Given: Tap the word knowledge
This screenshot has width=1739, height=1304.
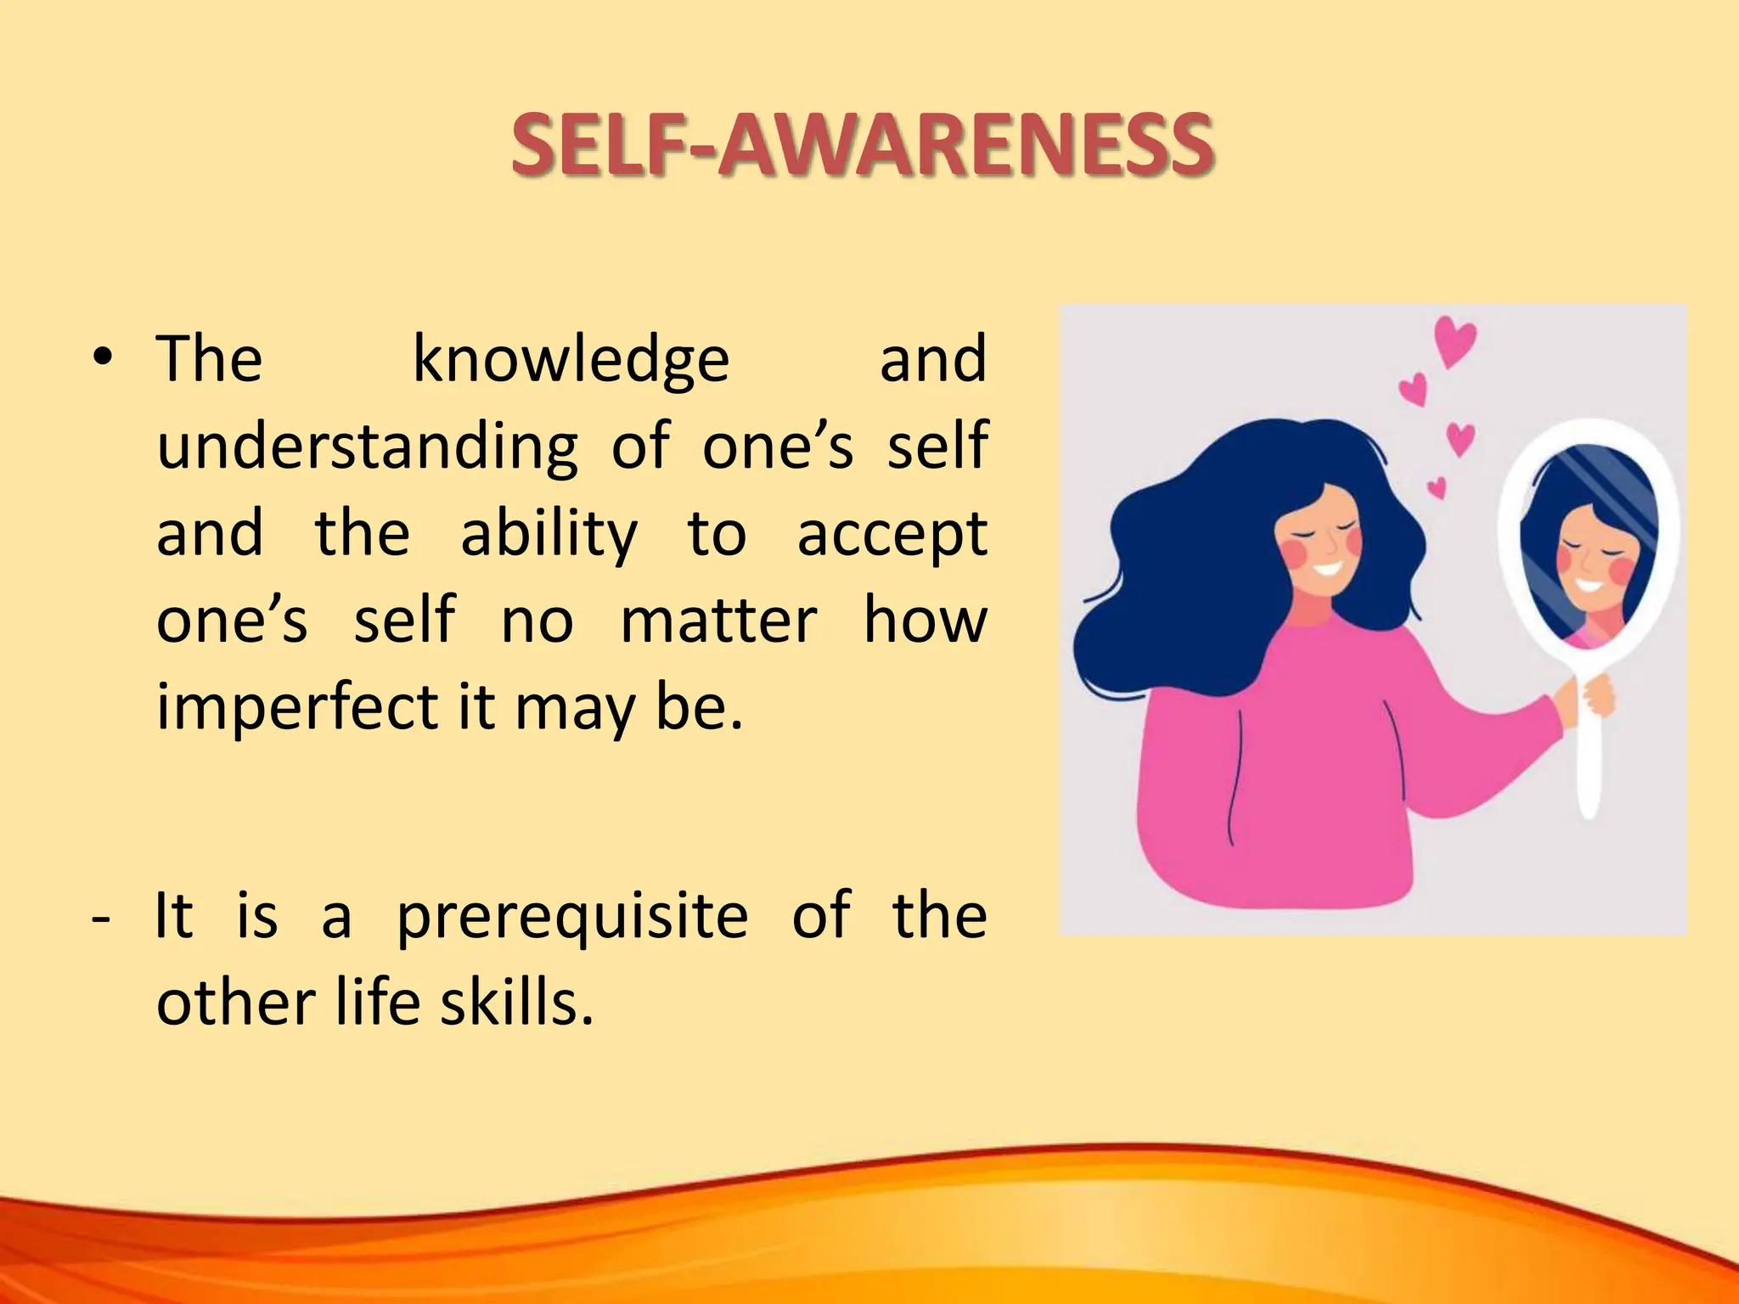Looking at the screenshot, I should tap(571, 360).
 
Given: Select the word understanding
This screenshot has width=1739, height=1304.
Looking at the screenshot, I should tap(367, 447).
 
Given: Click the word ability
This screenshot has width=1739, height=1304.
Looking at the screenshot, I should tap(549, 535).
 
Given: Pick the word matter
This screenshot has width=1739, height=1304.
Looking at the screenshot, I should tap(718, 621).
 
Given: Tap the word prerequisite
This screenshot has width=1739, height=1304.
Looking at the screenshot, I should tap(572, 919).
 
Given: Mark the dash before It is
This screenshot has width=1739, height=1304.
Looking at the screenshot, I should tap(100, 919).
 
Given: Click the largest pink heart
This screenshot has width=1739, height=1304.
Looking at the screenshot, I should tap(1455, 341).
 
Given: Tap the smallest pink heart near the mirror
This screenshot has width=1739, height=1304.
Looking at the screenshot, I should tap(1437, 487).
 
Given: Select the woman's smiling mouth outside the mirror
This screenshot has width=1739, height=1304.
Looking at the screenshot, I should tap(1326, 568).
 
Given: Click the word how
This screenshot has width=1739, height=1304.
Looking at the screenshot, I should tap(926, 621).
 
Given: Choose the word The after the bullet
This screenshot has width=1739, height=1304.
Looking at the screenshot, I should tap(210, 360).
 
